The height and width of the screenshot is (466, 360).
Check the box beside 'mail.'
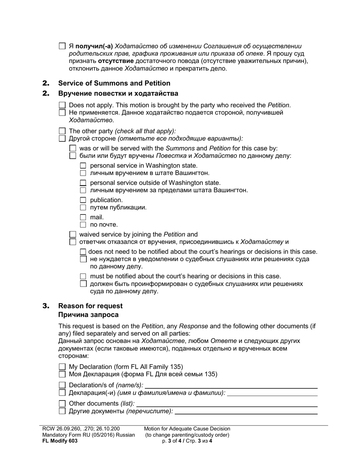[x=83, y=217]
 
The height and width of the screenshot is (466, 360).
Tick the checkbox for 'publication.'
[x=83, y=200]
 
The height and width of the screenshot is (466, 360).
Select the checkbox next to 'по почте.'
[x=83, y=225]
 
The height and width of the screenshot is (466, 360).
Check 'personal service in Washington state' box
[x=83, y=166]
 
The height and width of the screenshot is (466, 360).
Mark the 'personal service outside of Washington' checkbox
[x=83, y=183]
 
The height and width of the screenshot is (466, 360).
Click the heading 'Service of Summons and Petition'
[x=114, y=83]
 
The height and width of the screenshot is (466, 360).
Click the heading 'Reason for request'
[x=90, y=306]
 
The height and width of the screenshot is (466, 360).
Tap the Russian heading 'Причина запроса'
[x=88, y=315]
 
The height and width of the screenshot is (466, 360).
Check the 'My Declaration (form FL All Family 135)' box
[x=63, y=367]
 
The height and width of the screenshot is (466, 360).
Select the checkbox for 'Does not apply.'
[x=63, y=105]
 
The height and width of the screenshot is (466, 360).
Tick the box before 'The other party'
[x=63, y=131]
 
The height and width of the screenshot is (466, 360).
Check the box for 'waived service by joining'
[x=73, y=235]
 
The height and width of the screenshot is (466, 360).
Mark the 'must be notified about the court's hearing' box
[x=83, y=277]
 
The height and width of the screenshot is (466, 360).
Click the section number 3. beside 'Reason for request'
[x=46, y=306]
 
